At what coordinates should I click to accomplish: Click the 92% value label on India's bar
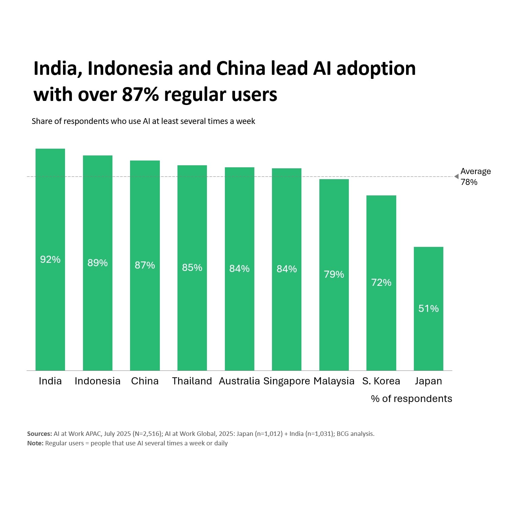tap(50, 259)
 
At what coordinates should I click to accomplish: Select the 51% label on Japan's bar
tap(428, 309)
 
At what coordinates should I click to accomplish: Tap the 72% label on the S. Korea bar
tap(381, 282)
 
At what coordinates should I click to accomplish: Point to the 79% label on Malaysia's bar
tap(334, 274)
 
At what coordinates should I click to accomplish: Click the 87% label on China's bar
tap(145, 265)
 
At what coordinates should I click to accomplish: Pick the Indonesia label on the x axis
tap(98, 381)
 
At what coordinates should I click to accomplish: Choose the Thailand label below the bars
tap(192, 381)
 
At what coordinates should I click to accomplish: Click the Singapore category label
tap(287, 381)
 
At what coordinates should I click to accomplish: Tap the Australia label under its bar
tap(239, 381)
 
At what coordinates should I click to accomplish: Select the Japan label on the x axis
tap(428, 381)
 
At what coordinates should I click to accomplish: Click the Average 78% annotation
tap(475, 176)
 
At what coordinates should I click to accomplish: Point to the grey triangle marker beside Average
tap(456, 176)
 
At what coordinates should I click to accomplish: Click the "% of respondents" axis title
tap(411, 399)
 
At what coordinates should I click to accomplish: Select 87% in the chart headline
tap(140, 94)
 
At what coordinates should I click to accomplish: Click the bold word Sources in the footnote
tap(39, 434)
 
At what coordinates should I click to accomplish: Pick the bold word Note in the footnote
tap(35, 443)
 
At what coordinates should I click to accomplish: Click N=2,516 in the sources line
tap(147, 434)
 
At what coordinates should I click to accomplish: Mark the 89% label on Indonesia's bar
tap(98, 263)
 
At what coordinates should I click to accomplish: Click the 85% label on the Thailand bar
tap(192, 268)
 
